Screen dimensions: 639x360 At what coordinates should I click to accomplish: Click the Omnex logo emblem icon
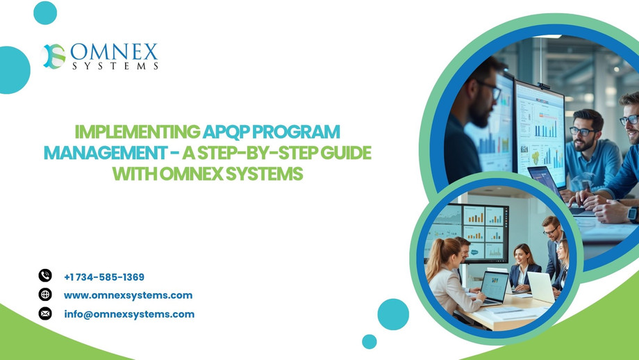[x=53, y=56]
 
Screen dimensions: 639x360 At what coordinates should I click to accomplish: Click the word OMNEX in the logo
[x=114, y=52]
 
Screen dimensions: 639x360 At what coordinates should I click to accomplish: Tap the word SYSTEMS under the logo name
[x=115, y=66]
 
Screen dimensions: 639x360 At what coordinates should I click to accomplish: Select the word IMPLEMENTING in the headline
[x=138, y=132]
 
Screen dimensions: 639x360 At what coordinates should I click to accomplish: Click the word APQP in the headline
[x=226, y=132]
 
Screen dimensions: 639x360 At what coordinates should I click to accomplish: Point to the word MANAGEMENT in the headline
[x=105, y=153]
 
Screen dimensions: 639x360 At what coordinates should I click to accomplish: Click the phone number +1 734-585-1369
[x=104, y=277]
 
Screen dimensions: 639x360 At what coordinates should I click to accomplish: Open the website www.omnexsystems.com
[x=128, y=295]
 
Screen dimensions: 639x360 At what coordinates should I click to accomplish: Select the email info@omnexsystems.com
[x=129, y=314]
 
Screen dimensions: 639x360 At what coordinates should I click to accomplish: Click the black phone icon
[x=45, y=276]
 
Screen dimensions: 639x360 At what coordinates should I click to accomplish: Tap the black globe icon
[x=45, y=295]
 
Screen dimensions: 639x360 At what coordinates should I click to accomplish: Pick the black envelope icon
[x=45, y=313]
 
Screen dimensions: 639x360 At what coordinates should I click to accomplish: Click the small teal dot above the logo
[x=45, y=13]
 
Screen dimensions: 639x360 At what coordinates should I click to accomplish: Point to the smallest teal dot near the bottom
[x=370, y=342]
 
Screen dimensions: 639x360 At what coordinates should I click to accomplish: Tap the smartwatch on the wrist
[x=633, y=213]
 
